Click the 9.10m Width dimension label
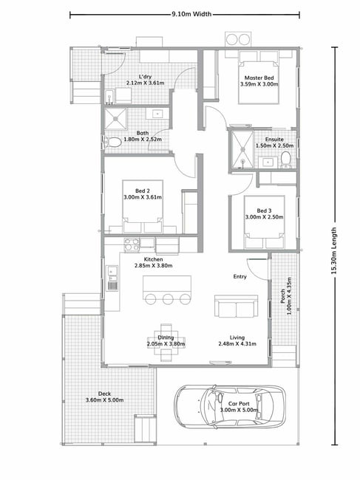tap(191, 14)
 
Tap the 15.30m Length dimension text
tap(334, 250)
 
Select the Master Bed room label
tap(259, 78)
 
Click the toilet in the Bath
tap(112, 143)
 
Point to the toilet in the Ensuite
tap(285, 160)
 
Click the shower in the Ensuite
tap(242, 150)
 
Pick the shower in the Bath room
tap(115, 118)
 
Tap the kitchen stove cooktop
tap(132, 245)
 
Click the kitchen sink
tap(112, 278)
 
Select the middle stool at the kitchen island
tap(168, 299)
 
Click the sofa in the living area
tap(237, 306)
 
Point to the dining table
tap(166, 342)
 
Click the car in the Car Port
tap(230, 406)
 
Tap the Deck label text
tap(104, 394)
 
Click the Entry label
tap(240, 276)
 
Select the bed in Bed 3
tap(264, 222)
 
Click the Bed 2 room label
tap(143, 191)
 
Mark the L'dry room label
tap(145, 77)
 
